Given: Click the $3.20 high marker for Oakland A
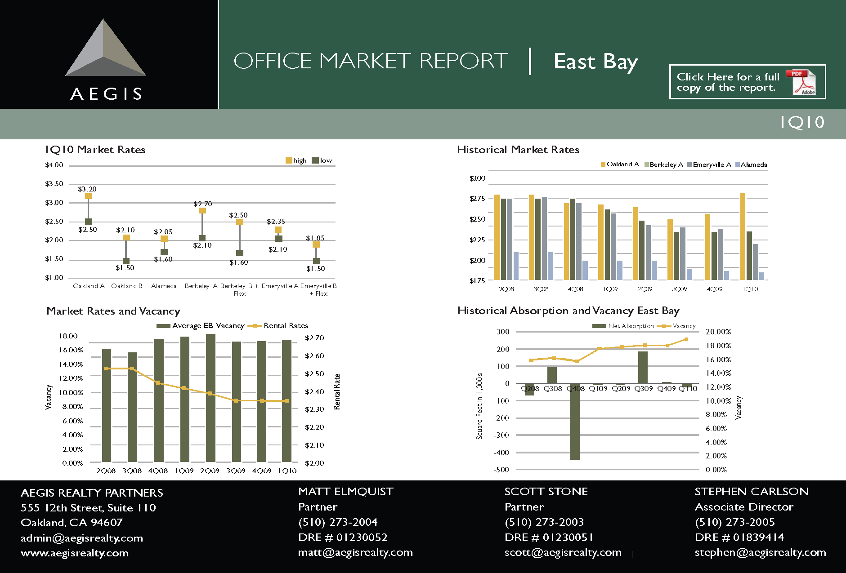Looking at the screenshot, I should [89, 196].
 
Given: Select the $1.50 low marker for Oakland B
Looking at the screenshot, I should [126, 261].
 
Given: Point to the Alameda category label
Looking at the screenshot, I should [164, 286].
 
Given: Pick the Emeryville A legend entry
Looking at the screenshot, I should [709, 164].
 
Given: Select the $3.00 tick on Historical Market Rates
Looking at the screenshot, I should [477, 178].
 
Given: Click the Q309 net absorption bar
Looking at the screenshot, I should [643, 367].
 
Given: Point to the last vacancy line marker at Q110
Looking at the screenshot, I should [686, 339].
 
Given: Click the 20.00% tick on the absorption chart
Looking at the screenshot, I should [718, 332].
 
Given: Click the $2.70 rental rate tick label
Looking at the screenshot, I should [314, 338].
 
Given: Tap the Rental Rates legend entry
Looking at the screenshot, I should [278, 325].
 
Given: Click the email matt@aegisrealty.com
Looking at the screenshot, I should [355, 552].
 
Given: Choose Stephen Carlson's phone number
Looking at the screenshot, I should [735, 522].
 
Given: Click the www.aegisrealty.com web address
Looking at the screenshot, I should [75, 553].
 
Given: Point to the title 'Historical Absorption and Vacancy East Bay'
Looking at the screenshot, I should [568, 311].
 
